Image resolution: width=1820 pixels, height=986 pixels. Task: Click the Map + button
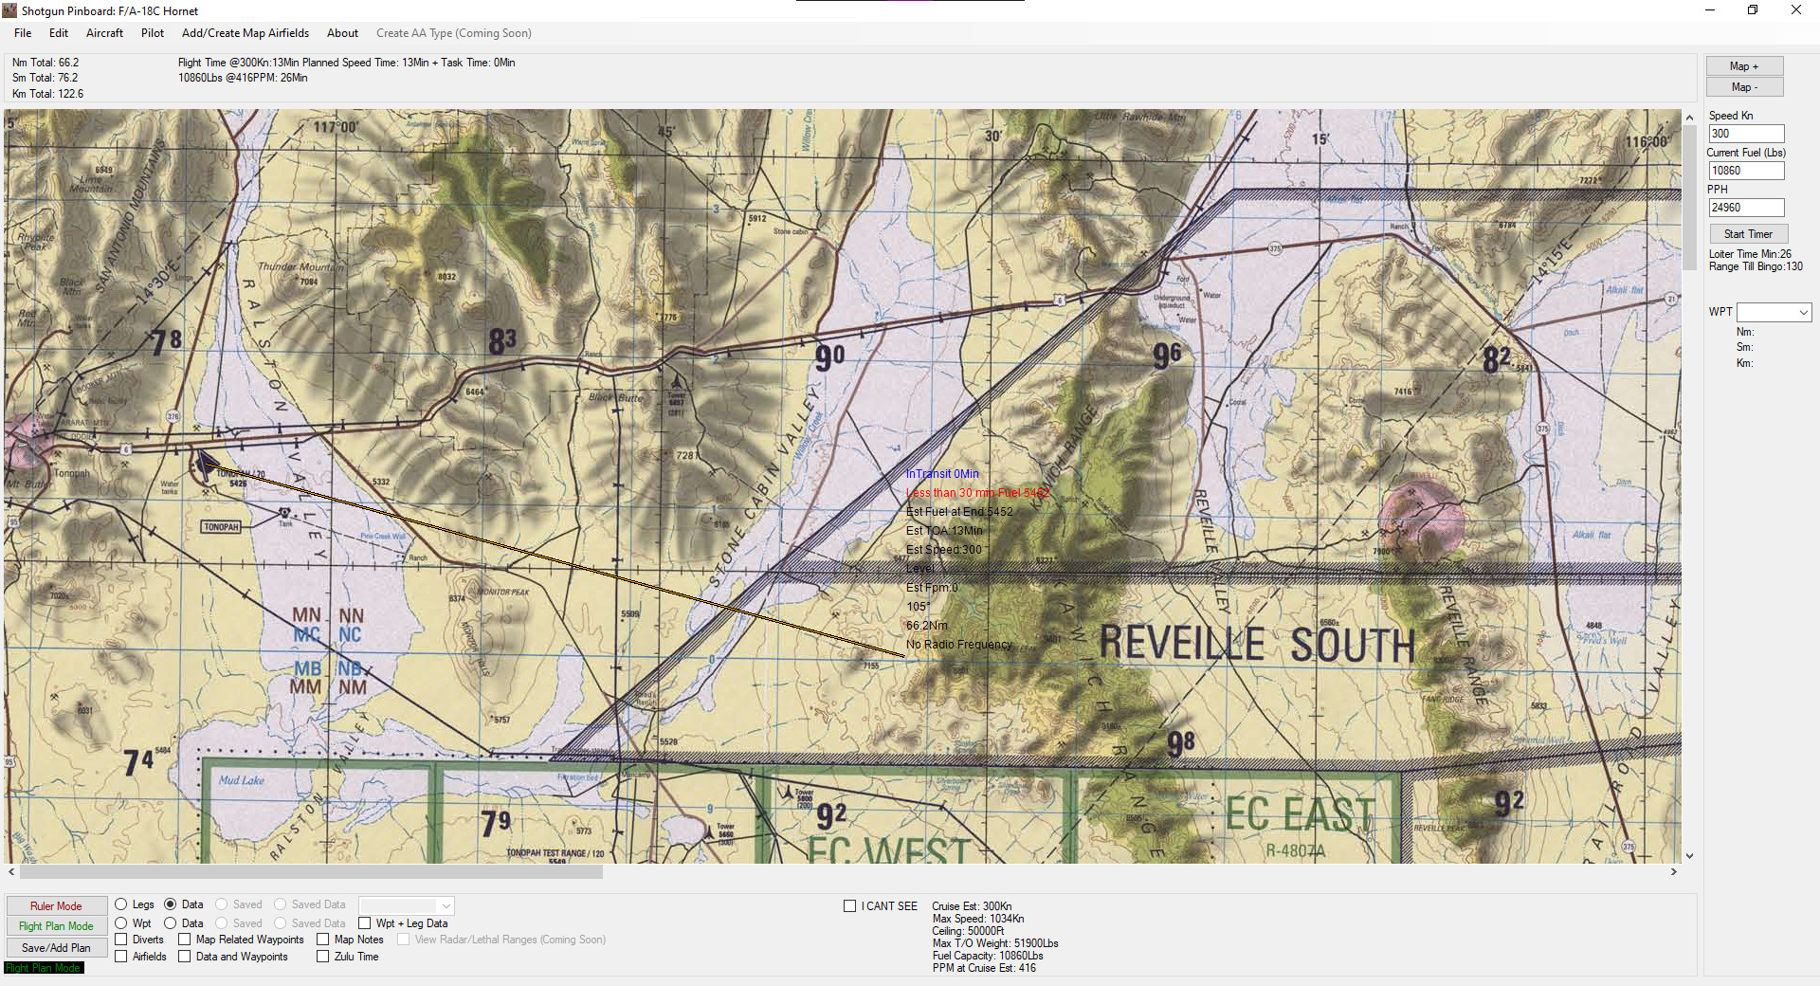pos(1744,66)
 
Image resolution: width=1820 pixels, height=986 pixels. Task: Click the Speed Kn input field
pos(1746,134)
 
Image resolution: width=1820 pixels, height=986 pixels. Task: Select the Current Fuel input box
pos(1746,171)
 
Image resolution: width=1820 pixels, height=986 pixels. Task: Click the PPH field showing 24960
pos(1746,208)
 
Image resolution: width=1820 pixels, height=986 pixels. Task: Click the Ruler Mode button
pos(56,905)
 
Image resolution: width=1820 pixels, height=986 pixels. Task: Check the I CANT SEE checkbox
pos(850,906)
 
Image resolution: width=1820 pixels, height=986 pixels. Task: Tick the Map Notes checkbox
pos(323,940)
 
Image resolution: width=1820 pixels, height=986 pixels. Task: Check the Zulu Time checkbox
pos(323,957)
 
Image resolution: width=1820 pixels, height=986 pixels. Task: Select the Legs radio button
pos(121,904)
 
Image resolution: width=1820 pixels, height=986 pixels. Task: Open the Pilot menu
pos(153,33)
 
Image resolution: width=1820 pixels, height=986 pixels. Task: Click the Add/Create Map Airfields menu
pos(246,33)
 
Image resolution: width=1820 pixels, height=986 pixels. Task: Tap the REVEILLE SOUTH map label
pos(1257,645)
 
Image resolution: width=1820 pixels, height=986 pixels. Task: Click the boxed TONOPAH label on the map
pos(222,527)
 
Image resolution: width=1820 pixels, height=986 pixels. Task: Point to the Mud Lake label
pos(242,780)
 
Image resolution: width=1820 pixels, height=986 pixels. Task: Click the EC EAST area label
pos(1300,814)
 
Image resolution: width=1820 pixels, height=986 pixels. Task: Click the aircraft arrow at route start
pos(206,464)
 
